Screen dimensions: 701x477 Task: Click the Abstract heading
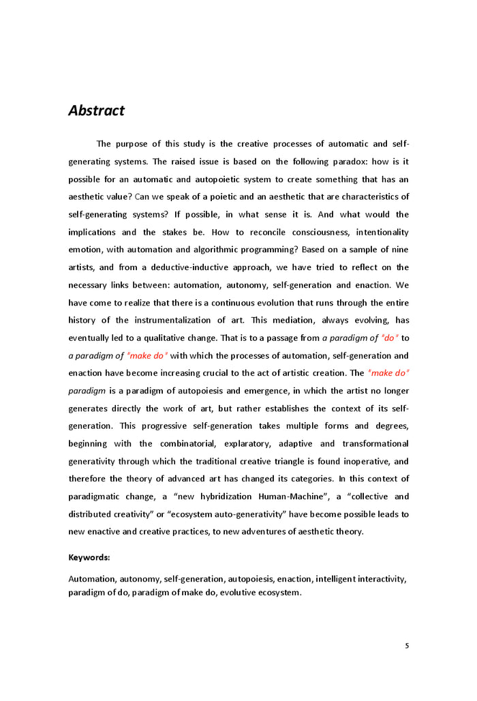coord(96,110)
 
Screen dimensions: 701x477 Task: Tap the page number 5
coord(407,646)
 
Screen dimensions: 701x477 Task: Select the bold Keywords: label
coord(89,557)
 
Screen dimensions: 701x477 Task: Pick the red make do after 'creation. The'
coord(388,373)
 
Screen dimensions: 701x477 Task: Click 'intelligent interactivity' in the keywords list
coord(360,579)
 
